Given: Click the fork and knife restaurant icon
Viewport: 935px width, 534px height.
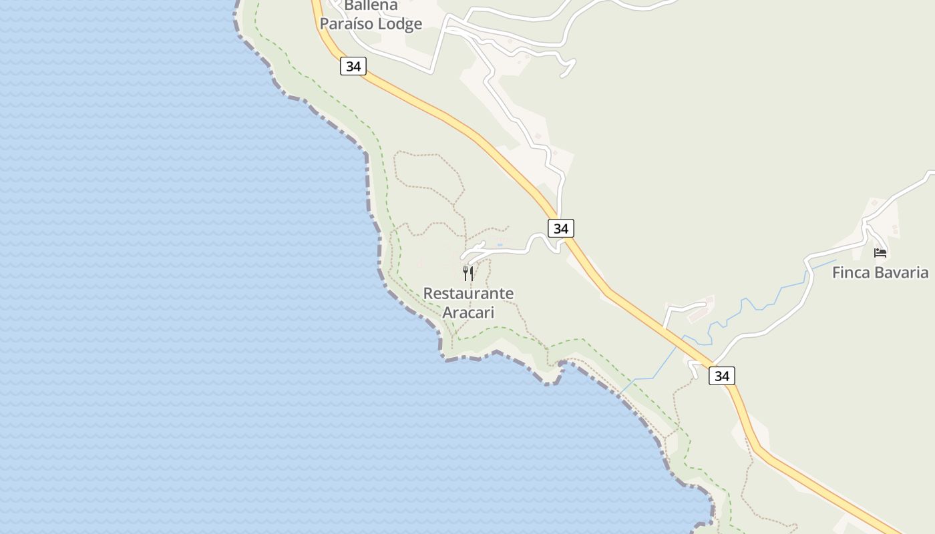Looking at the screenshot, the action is click(468, 273).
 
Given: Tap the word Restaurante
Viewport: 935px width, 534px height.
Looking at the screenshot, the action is click(468, 294).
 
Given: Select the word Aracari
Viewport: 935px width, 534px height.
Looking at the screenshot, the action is click(468, 312).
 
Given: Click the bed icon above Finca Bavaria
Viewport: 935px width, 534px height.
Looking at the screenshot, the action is click(880, 253).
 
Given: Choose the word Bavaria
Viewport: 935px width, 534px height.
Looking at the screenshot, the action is click(904, 272).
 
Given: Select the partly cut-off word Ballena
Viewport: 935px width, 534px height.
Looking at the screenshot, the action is click(371, 6).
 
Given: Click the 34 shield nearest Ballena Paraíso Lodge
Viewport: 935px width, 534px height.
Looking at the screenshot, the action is click(353, 66).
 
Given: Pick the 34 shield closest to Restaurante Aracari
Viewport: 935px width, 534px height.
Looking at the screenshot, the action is click(561, 228).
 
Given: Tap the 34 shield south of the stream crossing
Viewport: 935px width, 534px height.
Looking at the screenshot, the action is click(722, 376).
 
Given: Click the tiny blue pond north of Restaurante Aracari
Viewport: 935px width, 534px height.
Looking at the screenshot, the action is click(500, 244).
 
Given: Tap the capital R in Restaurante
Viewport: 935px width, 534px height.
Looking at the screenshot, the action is click(428, 294).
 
